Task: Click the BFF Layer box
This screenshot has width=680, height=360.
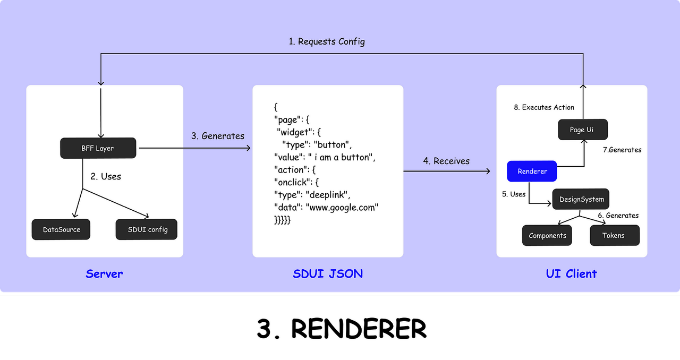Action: click(98, 148)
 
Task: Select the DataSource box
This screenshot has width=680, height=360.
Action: click(61, 229)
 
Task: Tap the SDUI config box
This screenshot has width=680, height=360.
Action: click(146, 229)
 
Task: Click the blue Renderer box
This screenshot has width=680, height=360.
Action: click(532, 171)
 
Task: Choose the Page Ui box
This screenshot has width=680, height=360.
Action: click(583, 130)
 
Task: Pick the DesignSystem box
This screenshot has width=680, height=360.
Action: click(581, 199)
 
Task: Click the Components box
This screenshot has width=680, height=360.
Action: click(547, 235)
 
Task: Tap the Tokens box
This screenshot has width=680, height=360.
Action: click(615, 235)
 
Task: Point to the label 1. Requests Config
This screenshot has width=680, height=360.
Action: click(327, 41)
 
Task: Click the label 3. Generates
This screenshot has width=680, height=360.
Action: click(218, 136)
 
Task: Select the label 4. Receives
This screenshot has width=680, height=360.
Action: click(446, 161)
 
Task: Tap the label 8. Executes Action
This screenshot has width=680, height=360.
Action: click(544, 107)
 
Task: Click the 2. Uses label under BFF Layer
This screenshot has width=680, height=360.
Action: click(106, 176)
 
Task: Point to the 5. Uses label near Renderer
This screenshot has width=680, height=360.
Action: click(514, 194)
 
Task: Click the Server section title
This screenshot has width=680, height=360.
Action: click(104, 274)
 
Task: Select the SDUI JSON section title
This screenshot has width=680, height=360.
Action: click(328, 274)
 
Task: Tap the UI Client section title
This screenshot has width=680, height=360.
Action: click(571, 274)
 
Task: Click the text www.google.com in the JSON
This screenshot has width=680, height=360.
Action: click(342, 207)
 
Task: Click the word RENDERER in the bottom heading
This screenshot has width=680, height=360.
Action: click(359, 329)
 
